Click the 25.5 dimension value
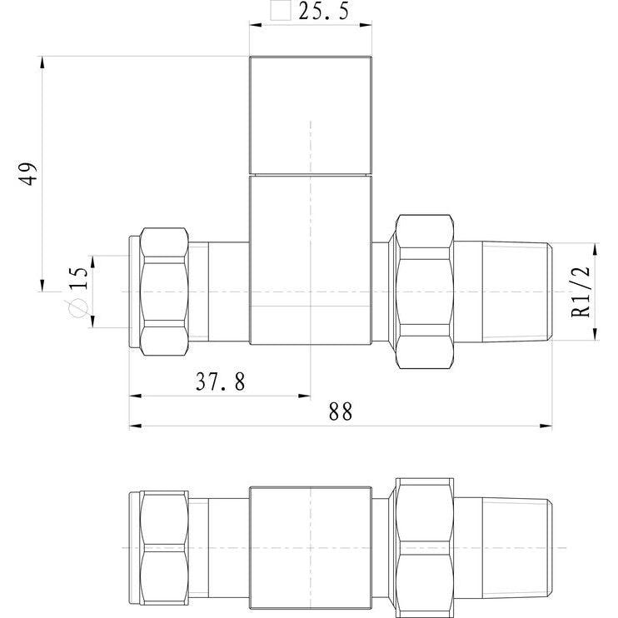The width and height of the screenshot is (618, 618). (x=324, y=11)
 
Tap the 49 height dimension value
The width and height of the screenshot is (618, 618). (x=28, y=173)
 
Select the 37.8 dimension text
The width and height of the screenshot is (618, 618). (x=221, y=381)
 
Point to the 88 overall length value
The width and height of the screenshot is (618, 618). (x=341, y=412)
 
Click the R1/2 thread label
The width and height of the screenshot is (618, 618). (x=581, y=292)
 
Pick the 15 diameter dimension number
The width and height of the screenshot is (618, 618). (x=78, y=278)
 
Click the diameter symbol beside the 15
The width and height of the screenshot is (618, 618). (x=77, y=308)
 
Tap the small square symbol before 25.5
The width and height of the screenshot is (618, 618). (x=280, y=10)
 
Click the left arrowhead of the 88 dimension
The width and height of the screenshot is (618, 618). (x=135, y=426)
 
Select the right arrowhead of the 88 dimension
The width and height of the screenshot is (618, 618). (x=546, y=426)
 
